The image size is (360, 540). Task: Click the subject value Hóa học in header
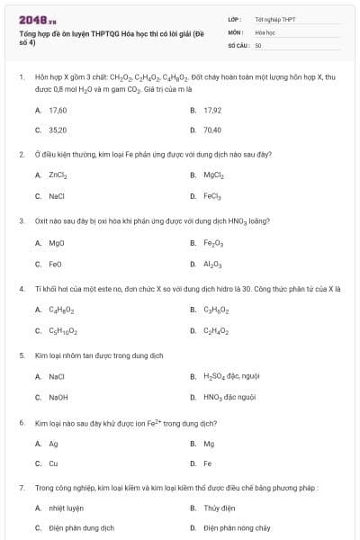pos(265,31)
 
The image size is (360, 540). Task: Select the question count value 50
pos(258,44)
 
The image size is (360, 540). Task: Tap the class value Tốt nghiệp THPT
pos(274,19)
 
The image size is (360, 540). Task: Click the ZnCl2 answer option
pos(58,175)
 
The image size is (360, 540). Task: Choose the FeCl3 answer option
pos(212,196)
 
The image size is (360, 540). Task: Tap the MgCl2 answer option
pos(213,175)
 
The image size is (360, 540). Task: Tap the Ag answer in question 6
pos(54,444)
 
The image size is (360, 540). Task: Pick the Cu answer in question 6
pos(54,463)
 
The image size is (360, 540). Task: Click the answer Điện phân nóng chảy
pos(237,528)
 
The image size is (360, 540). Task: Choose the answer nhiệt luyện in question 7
pos(65,508)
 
